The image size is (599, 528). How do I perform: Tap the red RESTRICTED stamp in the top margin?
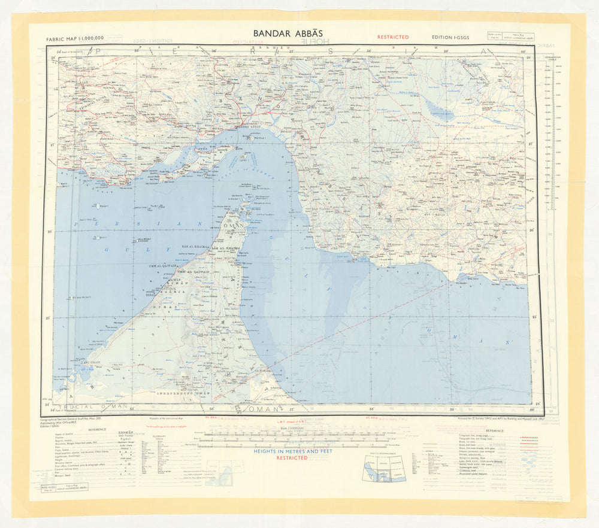[x=393, y=37]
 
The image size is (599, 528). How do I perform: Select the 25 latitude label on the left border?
[x=48, y=317]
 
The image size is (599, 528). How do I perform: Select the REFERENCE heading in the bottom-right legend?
[x=495, y=430]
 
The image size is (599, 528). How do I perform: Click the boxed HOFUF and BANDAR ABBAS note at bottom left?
[x=65, y=488]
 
